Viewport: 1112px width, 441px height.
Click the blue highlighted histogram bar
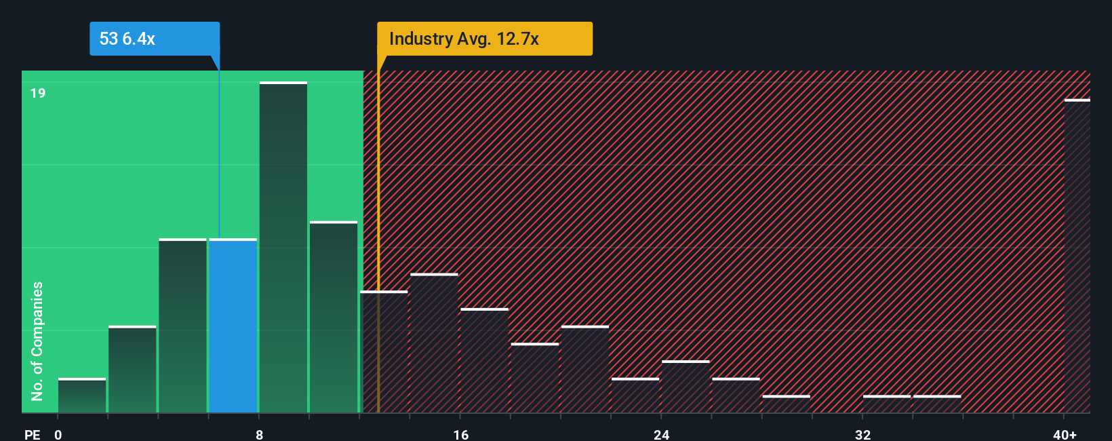pos(233,326)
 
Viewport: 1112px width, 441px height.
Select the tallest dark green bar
pos(283,248)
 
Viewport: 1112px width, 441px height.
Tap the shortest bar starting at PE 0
pos(82,396)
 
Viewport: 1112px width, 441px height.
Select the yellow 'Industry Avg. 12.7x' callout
pos(484,39)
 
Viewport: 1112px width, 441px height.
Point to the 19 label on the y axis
pos(38,93)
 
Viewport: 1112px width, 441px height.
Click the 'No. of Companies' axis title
pos(37,341)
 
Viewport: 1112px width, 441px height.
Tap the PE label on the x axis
pos(32,434)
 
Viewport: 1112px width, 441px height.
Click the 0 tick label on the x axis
pos(58,434)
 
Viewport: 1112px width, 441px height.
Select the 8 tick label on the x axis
pos(260,434)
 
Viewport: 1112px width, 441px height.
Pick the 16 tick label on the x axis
pos(461,434)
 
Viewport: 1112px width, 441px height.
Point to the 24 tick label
pos(662,434)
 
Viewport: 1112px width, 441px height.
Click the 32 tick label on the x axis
pos(862,434)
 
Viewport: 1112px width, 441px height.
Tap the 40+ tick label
pos(1065,434)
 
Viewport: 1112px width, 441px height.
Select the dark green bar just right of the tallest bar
pos(334,317)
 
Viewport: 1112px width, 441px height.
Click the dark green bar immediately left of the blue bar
pos(183,326)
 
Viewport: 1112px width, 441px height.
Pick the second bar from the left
pos(132,370)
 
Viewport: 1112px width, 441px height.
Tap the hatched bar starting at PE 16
pos(484,361)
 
